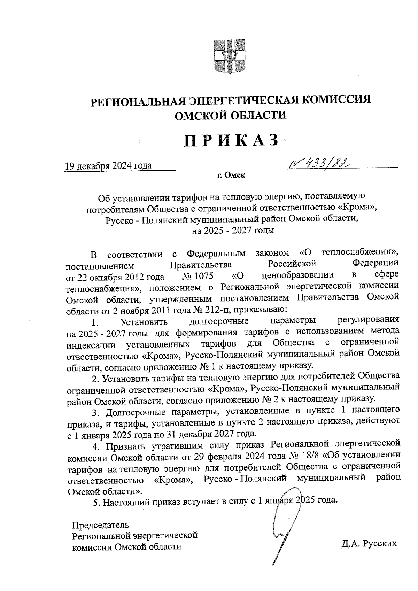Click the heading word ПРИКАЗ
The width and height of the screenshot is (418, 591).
pos(232,141)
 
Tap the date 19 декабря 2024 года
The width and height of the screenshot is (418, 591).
pos(108,165)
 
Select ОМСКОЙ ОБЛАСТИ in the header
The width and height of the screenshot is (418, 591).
pos(230,115)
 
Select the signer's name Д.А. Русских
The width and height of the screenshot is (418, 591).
pos(369,543)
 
